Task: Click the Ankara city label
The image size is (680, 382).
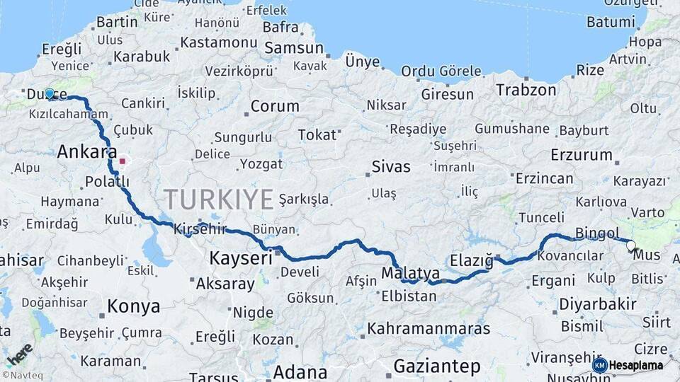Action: (86, 151)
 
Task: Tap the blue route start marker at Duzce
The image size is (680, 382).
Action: (50, 93)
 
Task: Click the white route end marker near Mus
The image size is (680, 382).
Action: (630, 246)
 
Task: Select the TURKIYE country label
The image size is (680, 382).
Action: (218, 200)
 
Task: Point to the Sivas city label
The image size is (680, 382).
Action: (391, 167)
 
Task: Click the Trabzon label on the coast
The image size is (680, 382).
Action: (526, 90)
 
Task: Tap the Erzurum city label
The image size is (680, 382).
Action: (581, 154)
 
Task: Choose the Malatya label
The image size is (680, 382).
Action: (410, 273)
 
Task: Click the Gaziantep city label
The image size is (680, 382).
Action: (437, 366)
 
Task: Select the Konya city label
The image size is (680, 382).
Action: (133, 306)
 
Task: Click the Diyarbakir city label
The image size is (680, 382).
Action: (598, 303)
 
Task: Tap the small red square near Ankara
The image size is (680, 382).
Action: (122, 161)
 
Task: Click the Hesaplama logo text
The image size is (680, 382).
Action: (635, 366)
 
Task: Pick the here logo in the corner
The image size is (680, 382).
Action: (19, 353)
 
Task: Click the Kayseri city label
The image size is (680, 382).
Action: (240, 259)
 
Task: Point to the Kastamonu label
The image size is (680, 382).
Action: (218, 42)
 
